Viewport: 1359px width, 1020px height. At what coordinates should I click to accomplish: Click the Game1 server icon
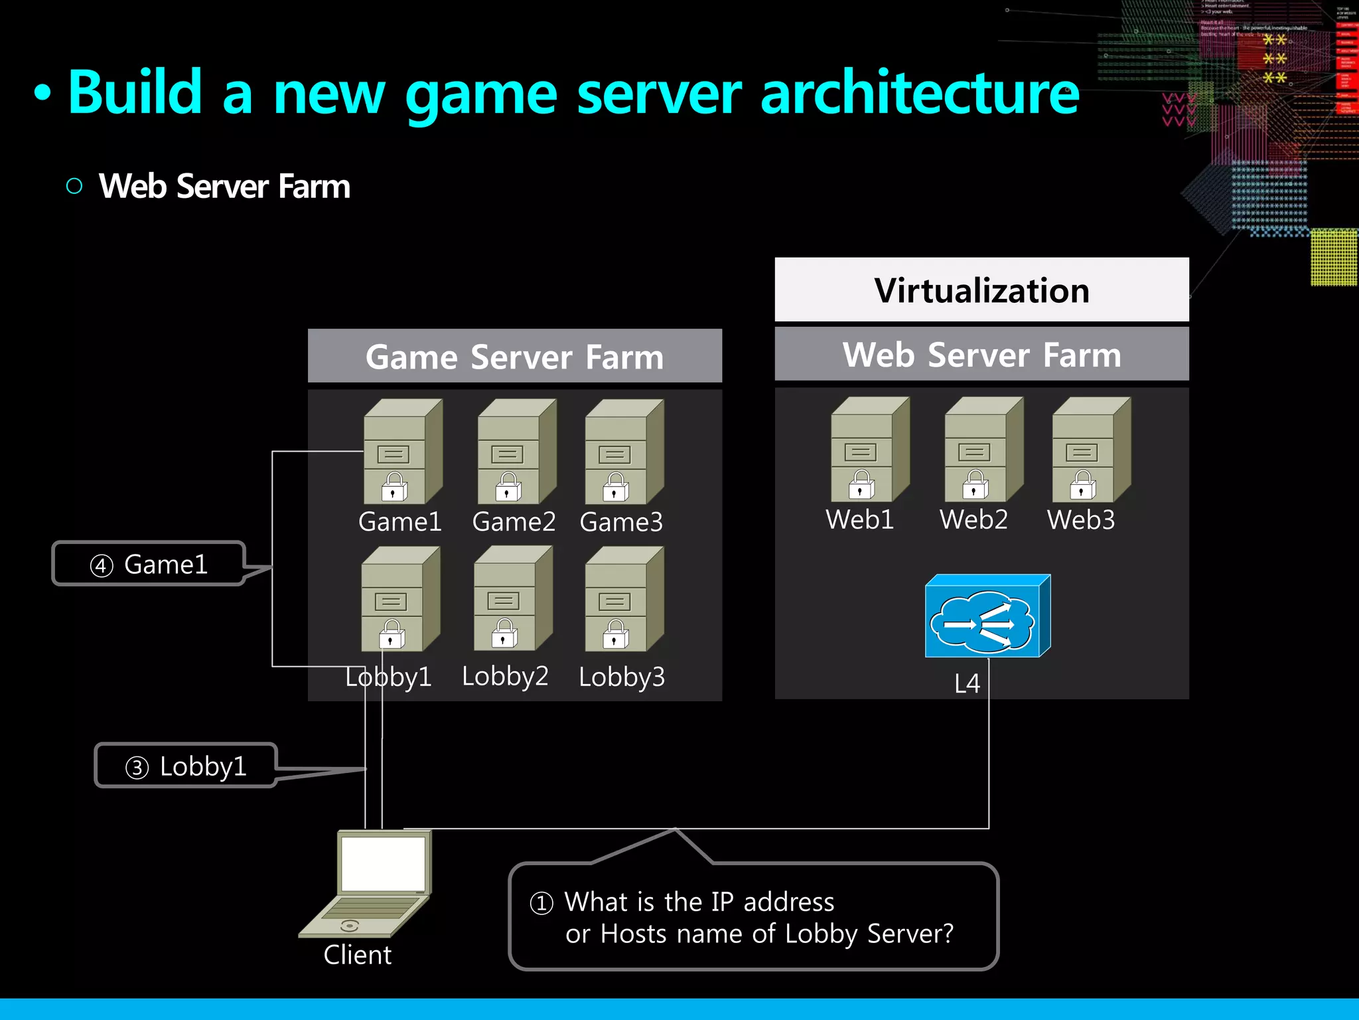pos(402,452)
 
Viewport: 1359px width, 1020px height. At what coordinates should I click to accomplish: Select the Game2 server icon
pos(516,452)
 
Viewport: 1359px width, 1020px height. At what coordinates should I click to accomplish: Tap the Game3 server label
pos(621,522)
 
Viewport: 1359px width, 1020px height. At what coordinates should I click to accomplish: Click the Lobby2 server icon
pos(512,599)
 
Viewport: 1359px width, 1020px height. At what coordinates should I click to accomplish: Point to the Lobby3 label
pos(622,677)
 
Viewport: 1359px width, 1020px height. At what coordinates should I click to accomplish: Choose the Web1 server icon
pos(869,450)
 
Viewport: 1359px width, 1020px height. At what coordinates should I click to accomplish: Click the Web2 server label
pos(973,519)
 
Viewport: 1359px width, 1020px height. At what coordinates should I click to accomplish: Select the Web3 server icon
pos(1091,450)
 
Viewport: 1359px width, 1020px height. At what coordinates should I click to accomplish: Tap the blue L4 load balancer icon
pos(987,617)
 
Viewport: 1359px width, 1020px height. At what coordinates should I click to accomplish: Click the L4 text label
pos(967,683)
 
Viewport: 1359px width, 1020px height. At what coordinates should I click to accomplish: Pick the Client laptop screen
pos(383,863)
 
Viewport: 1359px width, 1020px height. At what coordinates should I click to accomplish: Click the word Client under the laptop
pos(357,955)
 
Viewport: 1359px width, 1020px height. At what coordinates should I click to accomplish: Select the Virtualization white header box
pos(981,290)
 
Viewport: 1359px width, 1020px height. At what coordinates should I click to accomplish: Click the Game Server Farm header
pos(514,357)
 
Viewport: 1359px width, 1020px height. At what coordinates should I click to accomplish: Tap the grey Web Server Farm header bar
pos(981,355)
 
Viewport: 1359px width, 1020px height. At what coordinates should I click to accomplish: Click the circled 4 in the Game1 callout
pos(102,566)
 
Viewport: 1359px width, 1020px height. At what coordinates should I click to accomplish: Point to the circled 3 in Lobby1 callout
pos(137,768)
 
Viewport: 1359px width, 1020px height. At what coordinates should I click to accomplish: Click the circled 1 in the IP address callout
pos(541,903)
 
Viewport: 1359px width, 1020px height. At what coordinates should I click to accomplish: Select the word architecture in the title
pos(920,93)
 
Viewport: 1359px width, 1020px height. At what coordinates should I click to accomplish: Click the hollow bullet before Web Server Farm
pos(74,186)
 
